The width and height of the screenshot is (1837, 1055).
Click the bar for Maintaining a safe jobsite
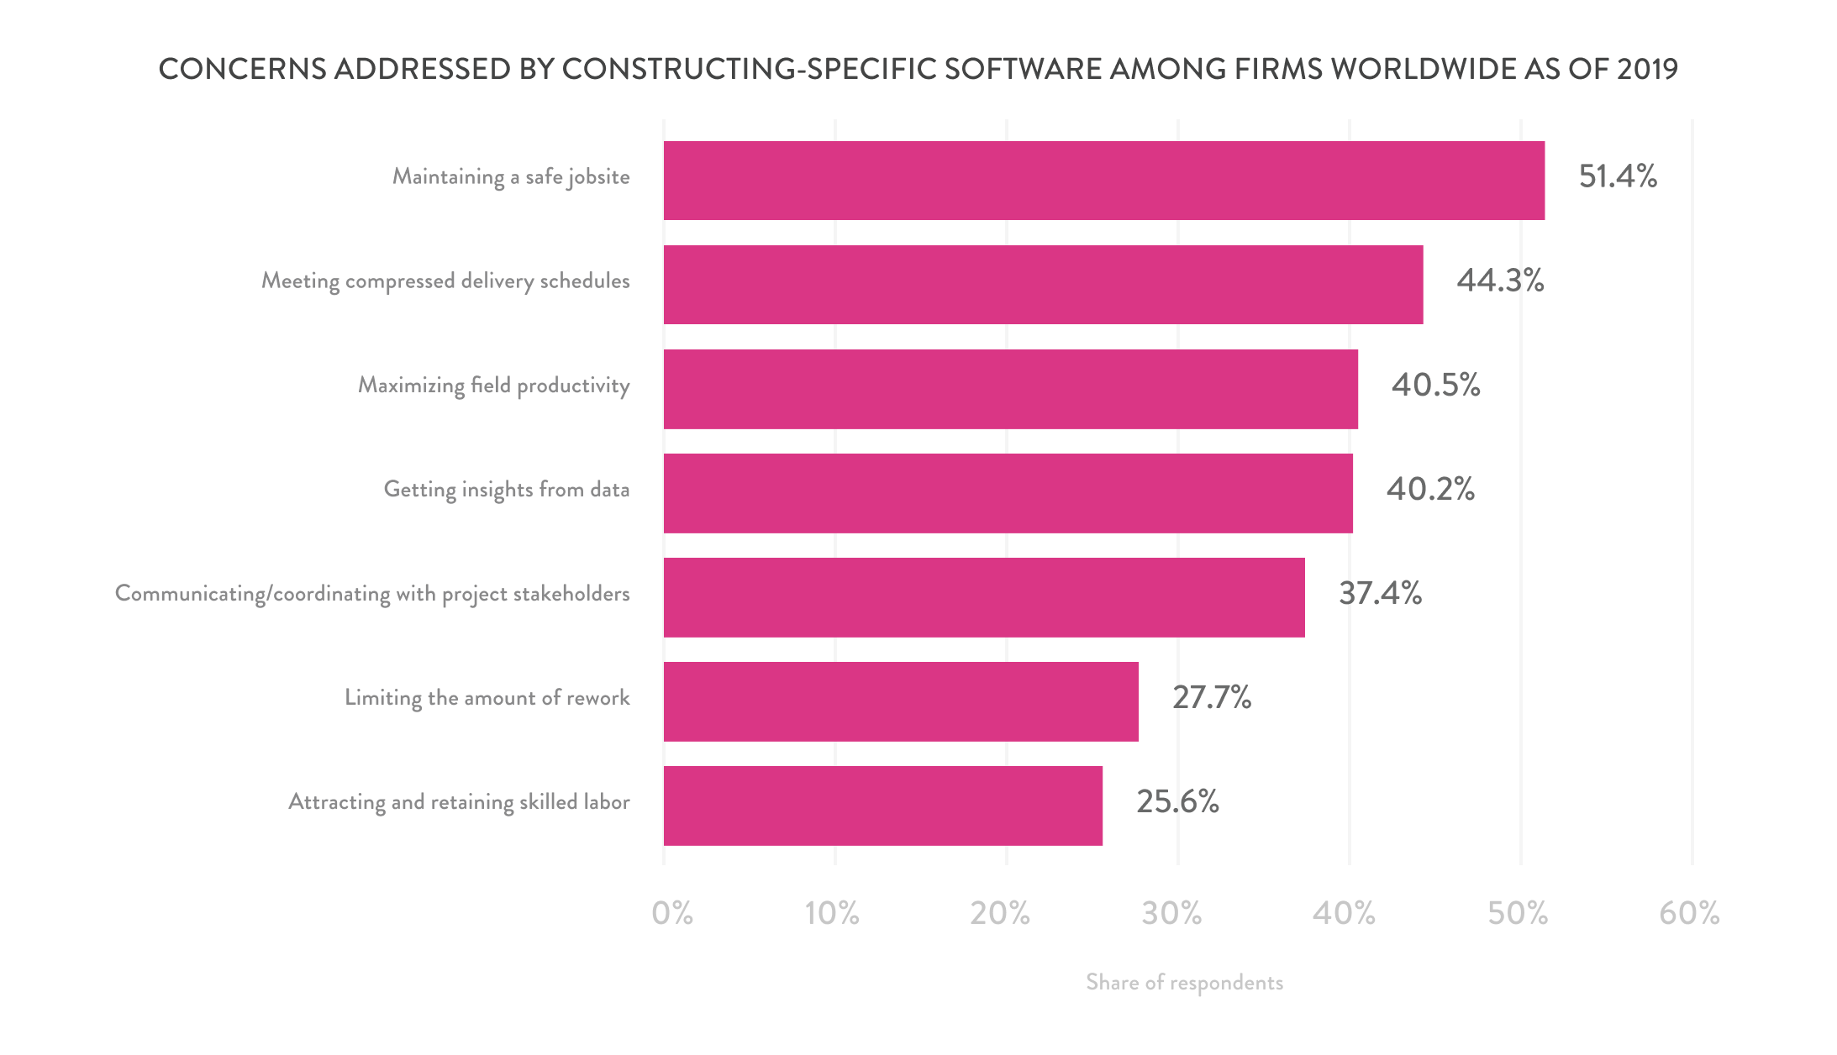1103,181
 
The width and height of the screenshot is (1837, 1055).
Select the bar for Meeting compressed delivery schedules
1043,285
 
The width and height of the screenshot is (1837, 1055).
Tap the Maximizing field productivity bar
1010,389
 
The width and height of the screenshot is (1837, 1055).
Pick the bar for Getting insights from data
1008,493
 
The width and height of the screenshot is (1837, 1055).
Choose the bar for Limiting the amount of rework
901,701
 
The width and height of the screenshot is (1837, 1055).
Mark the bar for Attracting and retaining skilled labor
882,806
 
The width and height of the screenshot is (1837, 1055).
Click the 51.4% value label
1618,176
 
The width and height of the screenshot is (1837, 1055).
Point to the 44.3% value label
1500,281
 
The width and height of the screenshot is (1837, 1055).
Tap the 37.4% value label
1380,593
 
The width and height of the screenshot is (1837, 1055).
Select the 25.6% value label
1177,801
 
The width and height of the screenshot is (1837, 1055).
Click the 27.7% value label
1212,697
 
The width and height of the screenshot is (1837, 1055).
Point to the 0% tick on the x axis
672,913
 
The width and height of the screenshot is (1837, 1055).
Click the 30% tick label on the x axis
1171,913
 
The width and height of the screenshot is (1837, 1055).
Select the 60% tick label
1689,913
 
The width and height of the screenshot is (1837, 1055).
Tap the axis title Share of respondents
1184,983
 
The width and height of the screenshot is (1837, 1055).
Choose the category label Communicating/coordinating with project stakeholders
372,594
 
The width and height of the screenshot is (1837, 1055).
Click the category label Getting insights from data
507,490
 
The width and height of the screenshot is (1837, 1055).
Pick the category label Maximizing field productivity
494,386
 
